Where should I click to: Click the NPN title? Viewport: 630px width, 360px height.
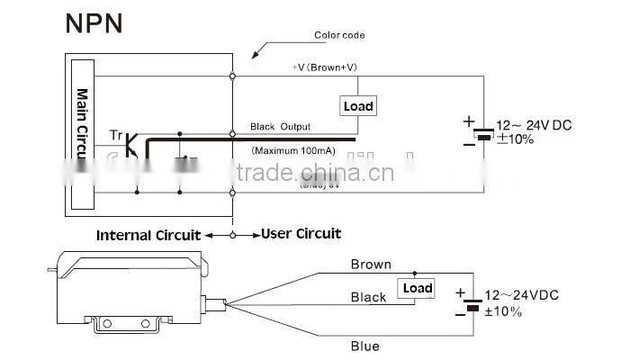tap(94, 23)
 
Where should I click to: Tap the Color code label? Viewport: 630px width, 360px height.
tap(339, 36)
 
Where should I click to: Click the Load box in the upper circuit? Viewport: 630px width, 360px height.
tap(358, 106)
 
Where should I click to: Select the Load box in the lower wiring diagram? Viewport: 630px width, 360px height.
tap(417, 288)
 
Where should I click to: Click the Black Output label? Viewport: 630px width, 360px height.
tap(279, 127)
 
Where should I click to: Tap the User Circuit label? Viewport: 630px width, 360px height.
tap(301, 234)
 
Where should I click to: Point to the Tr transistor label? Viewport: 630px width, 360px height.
tap(115, 135)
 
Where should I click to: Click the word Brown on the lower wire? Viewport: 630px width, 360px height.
tap(371, 265)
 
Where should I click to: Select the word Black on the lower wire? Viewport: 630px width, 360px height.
tap(368, 297)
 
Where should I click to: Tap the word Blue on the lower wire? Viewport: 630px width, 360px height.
tap(364, 346)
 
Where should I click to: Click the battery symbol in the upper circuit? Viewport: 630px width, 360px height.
tap(483, 134)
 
